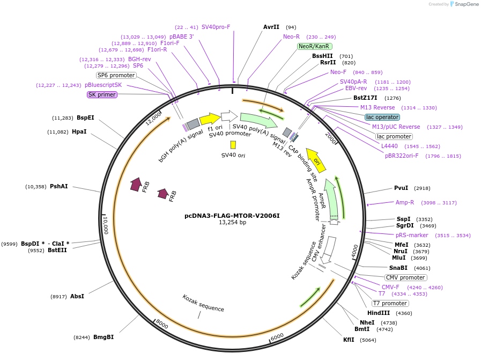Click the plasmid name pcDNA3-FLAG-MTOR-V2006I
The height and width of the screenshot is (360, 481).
(232, 216)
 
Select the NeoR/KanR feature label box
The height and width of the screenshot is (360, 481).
(314, 46)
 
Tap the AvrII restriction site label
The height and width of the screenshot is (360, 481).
(271, 27)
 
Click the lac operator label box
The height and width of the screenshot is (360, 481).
(382, 117)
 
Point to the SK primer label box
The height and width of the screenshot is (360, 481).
(102, 95)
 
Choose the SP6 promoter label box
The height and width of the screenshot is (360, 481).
(116, 75)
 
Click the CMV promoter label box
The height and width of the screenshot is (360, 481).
(405, 277)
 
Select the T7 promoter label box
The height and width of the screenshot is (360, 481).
(390, 303)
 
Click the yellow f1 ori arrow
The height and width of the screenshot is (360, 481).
(210, 119)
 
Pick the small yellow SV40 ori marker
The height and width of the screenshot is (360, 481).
(233, 145)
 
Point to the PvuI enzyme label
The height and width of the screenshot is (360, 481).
(401, 188)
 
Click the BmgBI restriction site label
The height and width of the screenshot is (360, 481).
(103, 337)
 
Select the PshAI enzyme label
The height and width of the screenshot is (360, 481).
(59, 187)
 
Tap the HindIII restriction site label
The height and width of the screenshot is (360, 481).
(378, 313)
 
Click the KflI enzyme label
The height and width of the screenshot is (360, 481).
(349, 340)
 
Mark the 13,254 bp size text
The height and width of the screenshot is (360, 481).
(232, 223)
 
